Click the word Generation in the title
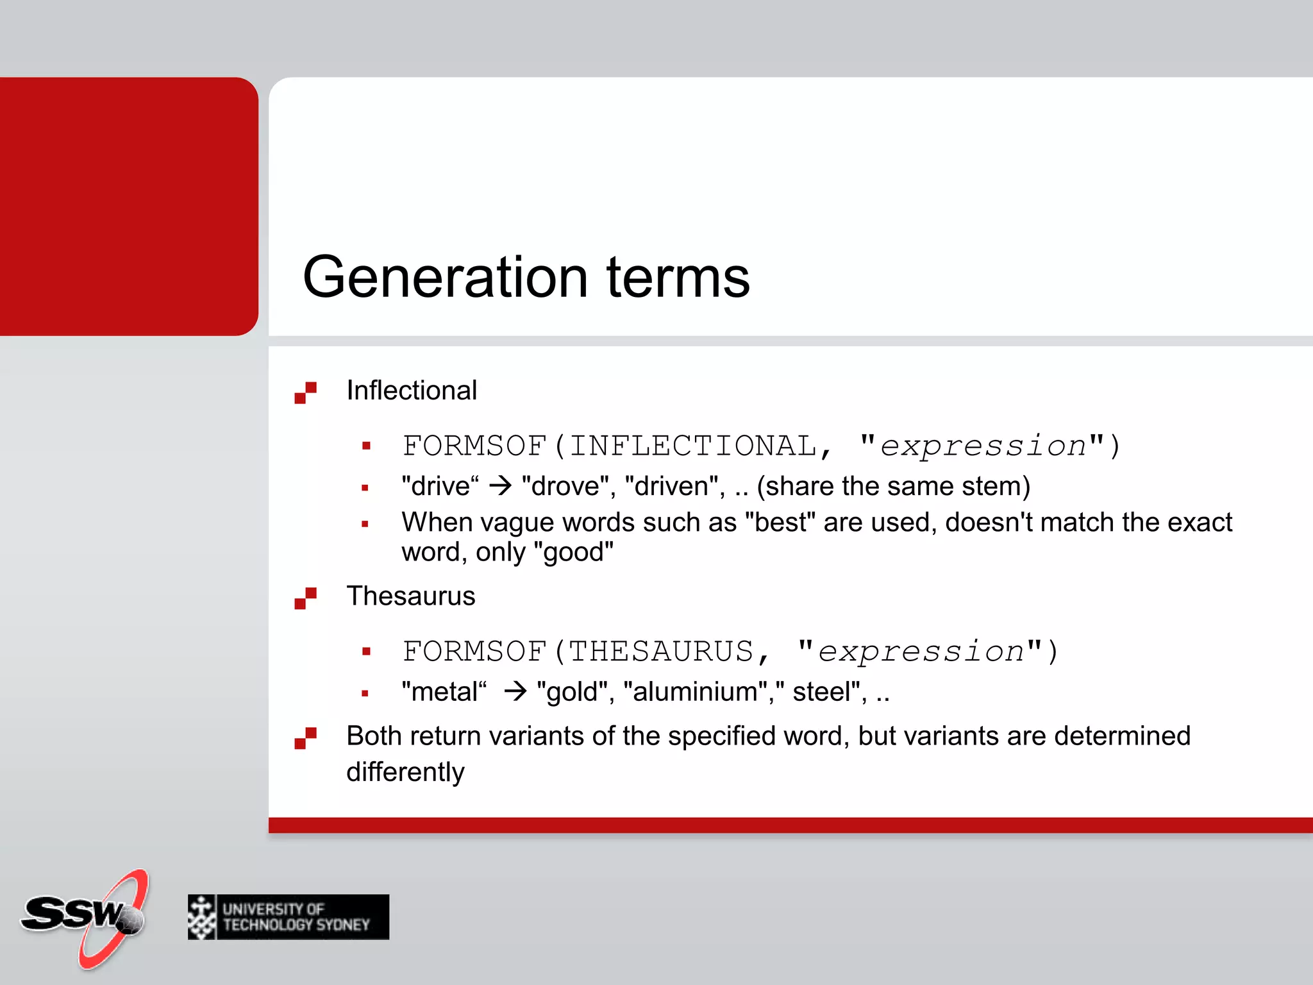445,277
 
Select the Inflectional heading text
412,391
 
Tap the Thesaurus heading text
411,596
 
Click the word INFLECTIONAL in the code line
693,446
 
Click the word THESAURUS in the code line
661,652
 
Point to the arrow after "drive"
501,486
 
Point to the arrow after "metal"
515,691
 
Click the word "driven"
675,486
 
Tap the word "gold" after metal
572,692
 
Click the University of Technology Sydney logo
289,917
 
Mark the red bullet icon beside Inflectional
305,392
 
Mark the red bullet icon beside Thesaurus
305,598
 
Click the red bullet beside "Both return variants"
305,737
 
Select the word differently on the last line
405,772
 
